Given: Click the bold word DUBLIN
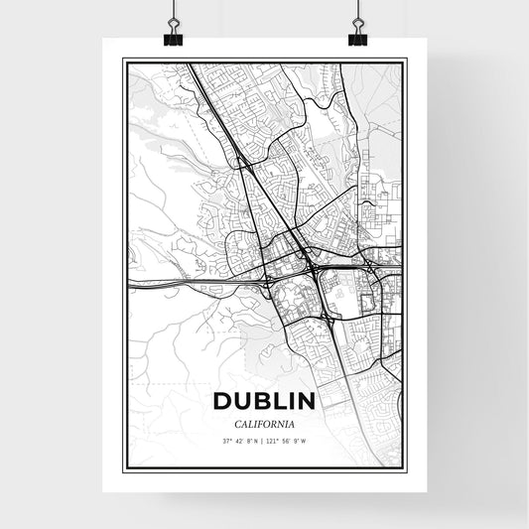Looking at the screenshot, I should tap(264, 401).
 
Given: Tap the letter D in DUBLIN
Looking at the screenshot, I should tap(221, 401).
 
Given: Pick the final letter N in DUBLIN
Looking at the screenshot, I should tap(307, 401).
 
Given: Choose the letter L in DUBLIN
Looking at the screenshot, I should tap(275, 401).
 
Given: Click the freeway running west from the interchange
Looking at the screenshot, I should tap(198, 282).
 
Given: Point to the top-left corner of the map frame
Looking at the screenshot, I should tap(123, 60).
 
